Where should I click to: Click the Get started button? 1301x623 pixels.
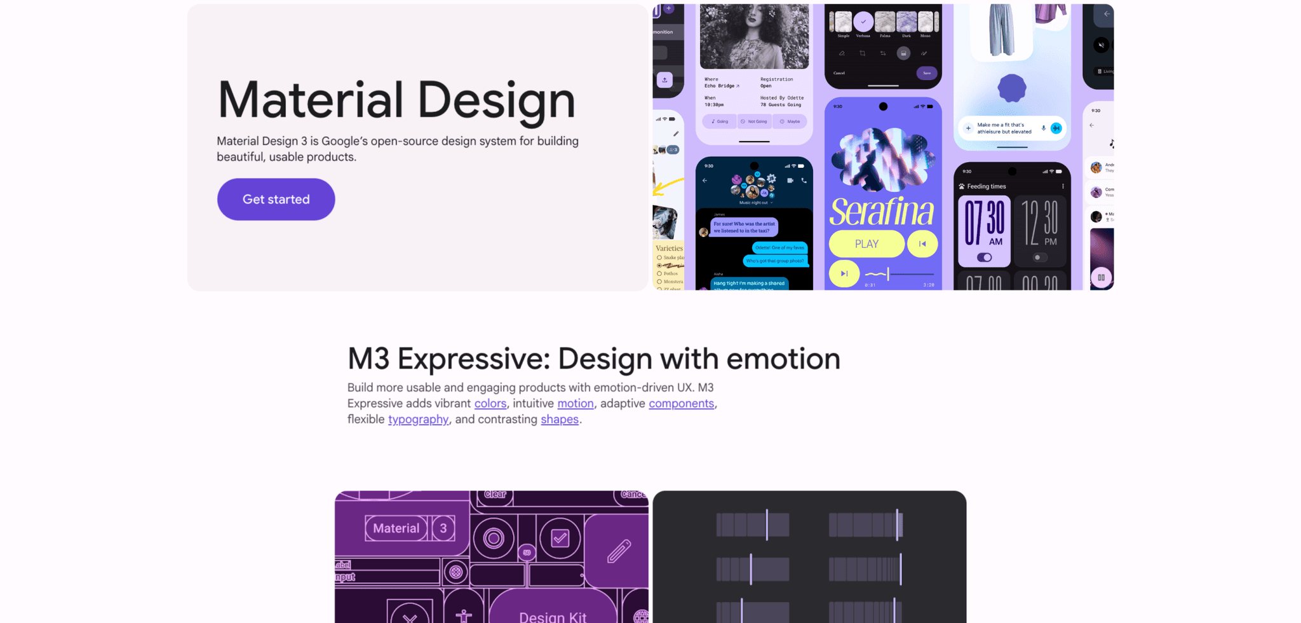pos(276,200)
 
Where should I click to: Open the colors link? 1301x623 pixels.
pos(490,404)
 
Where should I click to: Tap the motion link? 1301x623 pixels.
pos(576,404)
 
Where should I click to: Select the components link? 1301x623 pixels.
pos(681,404)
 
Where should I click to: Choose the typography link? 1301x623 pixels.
pos(418,420)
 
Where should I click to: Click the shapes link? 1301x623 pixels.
pos(560,420)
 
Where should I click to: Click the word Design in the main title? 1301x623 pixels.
pos(496,100)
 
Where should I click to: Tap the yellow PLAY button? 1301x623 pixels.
pos(866,244)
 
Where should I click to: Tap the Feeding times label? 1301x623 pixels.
pos(986,187)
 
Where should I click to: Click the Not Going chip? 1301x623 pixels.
pos(754,121)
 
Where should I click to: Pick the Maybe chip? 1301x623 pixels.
pos(790,121)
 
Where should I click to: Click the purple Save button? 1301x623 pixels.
pos(927,73)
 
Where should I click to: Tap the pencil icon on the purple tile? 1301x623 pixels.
pos(618,551)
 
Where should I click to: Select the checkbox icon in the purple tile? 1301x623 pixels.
pos(560,538)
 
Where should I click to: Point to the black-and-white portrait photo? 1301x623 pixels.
pos(754,36)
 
